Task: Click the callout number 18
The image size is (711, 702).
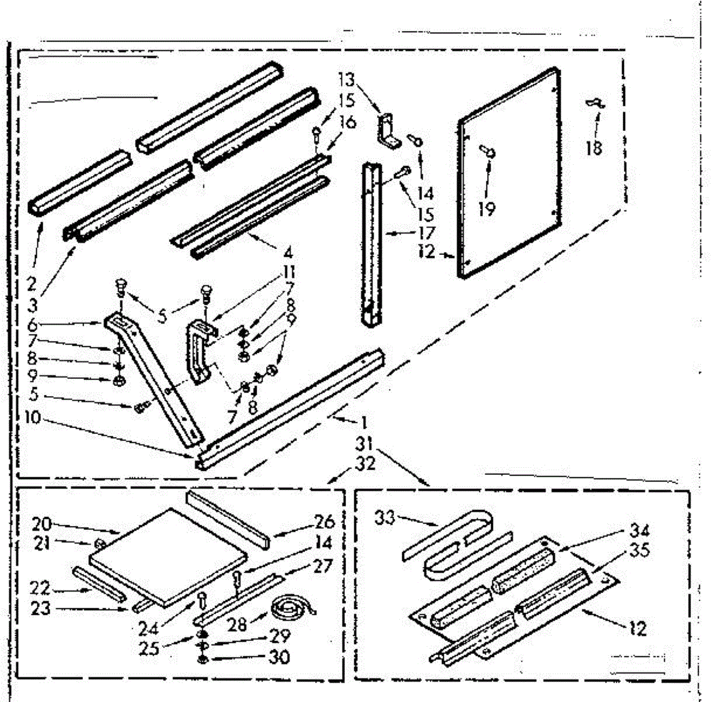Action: (x=593, y=147)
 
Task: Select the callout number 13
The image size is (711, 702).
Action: (x=347, y=79)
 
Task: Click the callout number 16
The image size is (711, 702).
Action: (x=348, y=122)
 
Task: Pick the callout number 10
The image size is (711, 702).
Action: (x=33, y=417)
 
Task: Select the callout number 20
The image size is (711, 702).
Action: (x=43, y=524)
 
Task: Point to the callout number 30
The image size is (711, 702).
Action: (x=278, y=657)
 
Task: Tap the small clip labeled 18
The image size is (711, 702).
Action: (x=595, y=104)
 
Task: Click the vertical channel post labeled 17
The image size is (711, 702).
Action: (x=371, y=243)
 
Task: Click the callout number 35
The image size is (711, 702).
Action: (x=639, y=551)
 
